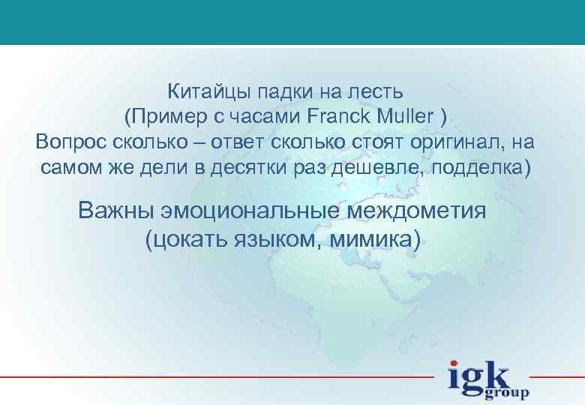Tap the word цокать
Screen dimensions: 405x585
coord(189,238)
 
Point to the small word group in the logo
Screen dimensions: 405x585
coord(511,392)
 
